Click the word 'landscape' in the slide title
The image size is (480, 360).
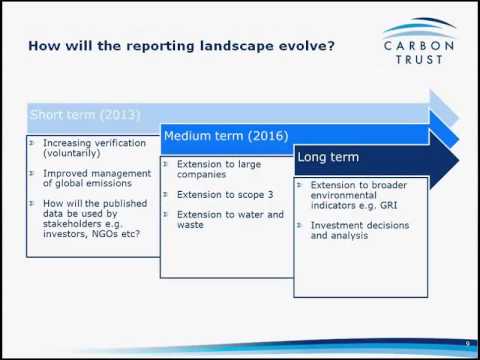(x=221, y=45)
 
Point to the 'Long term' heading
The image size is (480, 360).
(x=328, y=157)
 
